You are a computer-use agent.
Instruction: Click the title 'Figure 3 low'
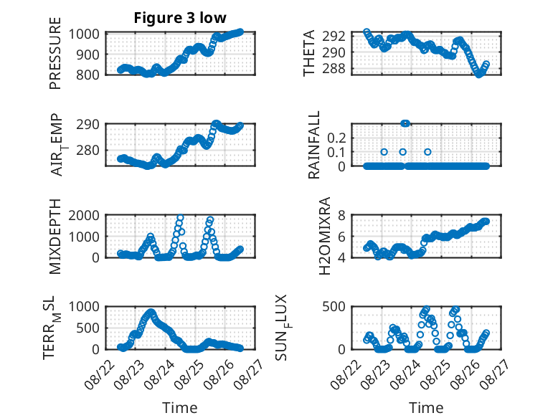point(180,18)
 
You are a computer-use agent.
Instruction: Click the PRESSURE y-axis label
point(55,53)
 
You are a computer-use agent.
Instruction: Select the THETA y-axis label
point(309,53)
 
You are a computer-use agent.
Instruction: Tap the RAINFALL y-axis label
point(314,144)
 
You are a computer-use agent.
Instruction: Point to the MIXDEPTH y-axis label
point(55,236)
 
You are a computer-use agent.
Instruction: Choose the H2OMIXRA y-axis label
point(325,236)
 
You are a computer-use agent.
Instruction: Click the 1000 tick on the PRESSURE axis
point(84,34)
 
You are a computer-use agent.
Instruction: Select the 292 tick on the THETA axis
point(334,36)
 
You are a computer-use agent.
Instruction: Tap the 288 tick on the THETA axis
point(334,69)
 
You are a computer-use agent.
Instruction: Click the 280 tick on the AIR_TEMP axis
point(88,150)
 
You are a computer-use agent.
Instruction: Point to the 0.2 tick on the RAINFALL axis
point(336,138)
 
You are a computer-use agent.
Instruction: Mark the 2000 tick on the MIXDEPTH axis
point(84,215)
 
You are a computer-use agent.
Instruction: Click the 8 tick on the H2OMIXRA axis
point(341,215)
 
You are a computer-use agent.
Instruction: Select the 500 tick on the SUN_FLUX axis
point(334,307)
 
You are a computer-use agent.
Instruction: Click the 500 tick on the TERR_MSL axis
point(88,328)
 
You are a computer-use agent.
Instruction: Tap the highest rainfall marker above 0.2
point(405,123)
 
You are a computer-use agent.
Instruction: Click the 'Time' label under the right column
point(426,408)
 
